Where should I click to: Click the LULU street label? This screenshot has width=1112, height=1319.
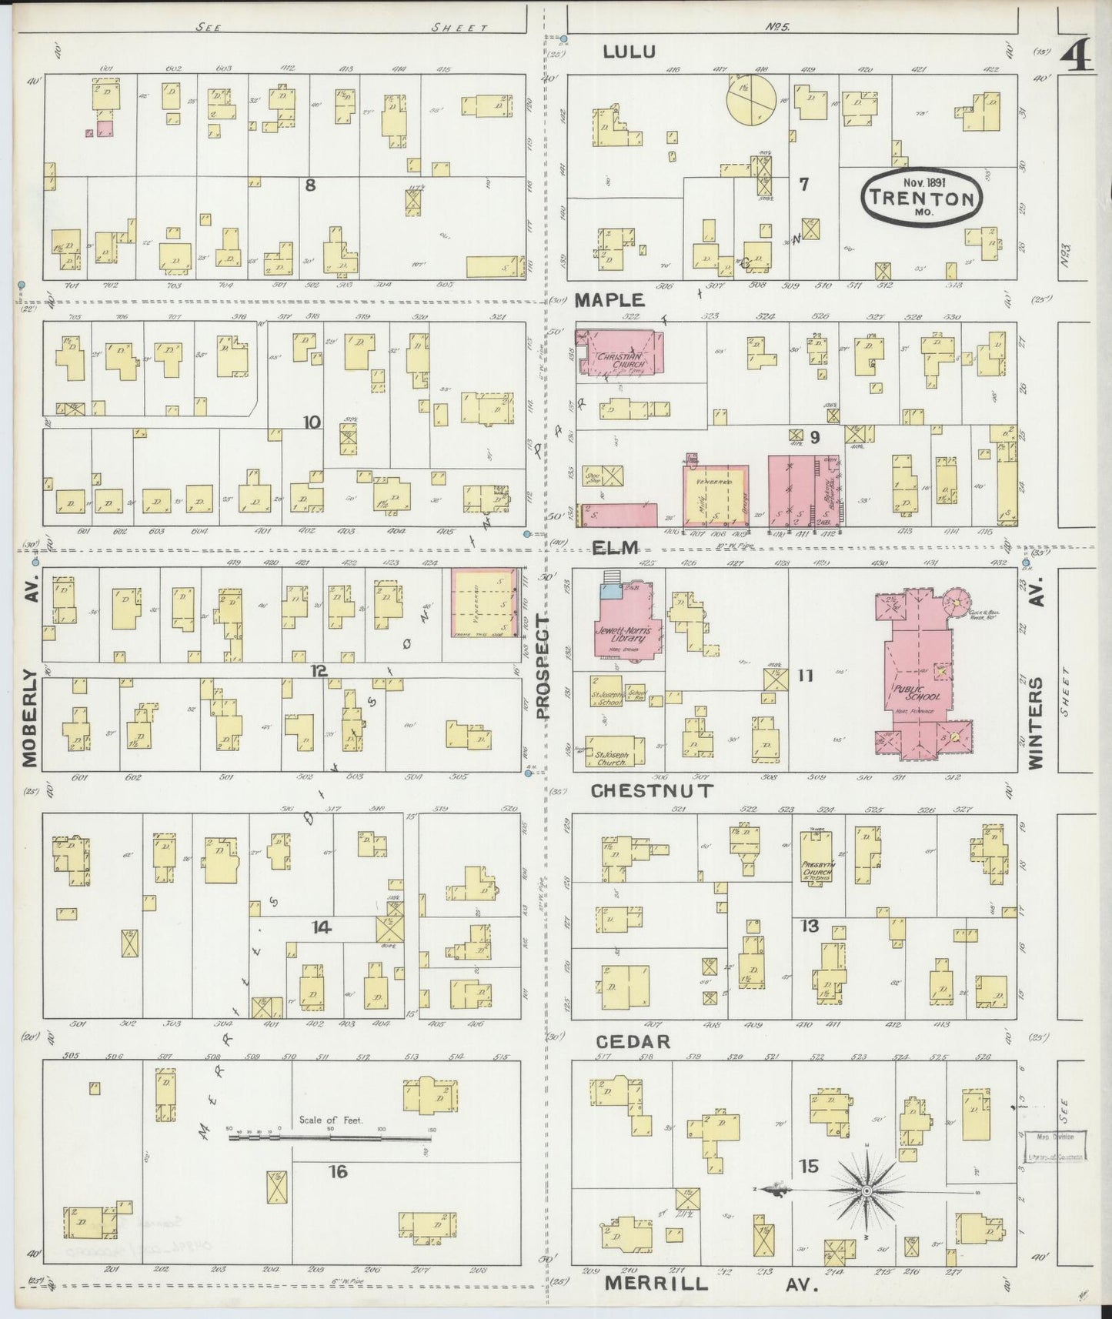(629, 52)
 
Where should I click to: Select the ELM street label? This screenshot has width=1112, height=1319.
(616, 548)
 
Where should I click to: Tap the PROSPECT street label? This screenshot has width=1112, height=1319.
(545, 667)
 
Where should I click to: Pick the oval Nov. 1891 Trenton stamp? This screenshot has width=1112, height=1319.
(921, 198)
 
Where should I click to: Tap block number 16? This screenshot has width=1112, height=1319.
(338, 1171)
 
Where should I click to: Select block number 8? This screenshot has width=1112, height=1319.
(310, 185)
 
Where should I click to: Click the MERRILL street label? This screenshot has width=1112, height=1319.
(656, 1284)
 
